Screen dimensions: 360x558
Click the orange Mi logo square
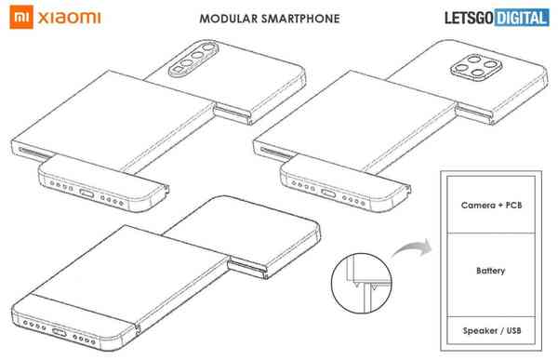(15, 17)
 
